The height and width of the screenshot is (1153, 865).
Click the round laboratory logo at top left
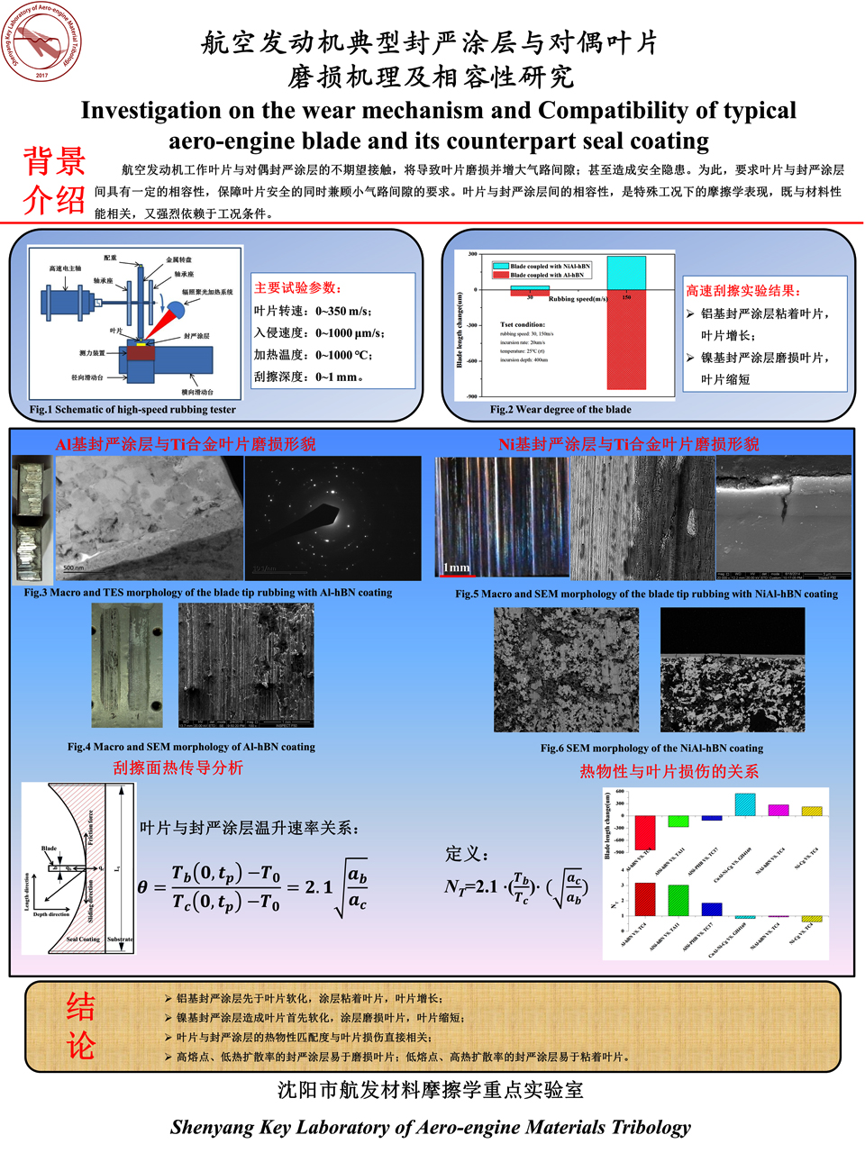[x=42, y=42]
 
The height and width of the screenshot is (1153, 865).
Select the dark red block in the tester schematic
[x=141, y=352]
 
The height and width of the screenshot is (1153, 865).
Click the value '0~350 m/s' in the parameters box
[x=342, y=311]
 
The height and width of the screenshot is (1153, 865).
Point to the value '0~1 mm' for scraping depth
[x=339, y=377]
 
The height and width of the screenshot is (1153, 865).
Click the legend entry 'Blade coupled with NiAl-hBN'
[x=550, y=266]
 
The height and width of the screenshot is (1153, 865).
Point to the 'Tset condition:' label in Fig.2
[x=523, y=324]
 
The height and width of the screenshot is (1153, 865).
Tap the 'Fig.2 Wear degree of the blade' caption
[x=560, y=410]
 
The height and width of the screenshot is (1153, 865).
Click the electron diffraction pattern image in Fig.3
[x=332, y=518]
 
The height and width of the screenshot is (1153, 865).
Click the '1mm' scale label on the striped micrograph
[x=457, y=567]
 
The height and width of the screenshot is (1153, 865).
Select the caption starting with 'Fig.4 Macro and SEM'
[x=191, y=747]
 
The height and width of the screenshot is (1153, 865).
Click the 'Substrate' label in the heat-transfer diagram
[x=120, y=940]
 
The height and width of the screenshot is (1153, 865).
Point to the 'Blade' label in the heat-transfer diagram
[x=49, y=849]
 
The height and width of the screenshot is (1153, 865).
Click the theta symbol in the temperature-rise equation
[x=142, y=887]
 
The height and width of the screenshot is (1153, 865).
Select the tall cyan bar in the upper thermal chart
[x=744, y=804]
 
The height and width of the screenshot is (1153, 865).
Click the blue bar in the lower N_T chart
[x=711, y=909]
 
